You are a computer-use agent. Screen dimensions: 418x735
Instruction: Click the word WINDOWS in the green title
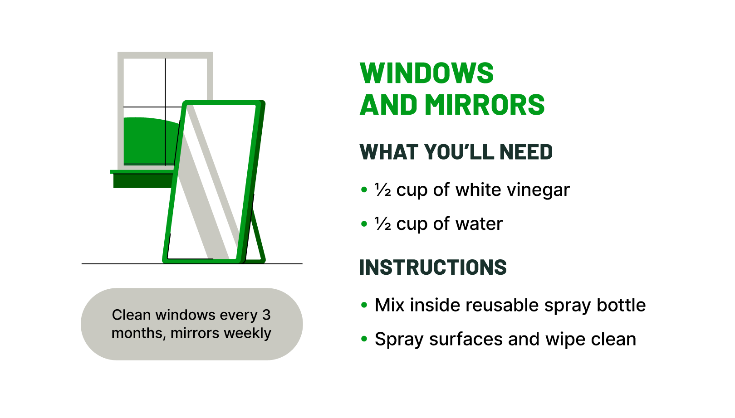[x=426, y=73]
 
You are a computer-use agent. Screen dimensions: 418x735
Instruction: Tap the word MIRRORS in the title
[x=484, y=105]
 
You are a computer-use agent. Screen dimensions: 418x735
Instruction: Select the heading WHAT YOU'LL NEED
[x=456, y=152]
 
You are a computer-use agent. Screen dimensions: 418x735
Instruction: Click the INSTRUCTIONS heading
[x=433, y=267]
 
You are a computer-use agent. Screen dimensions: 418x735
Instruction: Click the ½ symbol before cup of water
[x=382, y=224]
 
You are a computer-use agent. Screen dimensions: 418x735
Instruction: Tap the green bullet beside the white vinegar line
[x=364, y=190]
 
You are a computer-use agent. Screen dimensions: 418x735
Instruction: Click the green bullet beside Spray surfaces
[x=364, y=339]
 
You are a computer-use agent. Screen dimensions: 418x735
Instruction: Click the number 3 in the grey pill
[x=266, y=315]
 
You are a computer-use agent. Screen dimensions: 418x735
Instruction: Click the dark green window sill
[x=142, y=180]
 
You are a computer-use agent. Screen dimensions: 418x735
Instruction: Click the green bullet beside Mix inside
[x=364, y=305]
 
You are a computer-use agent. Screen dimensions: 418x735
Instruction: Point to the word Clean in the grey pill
[x=131, y=315]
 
